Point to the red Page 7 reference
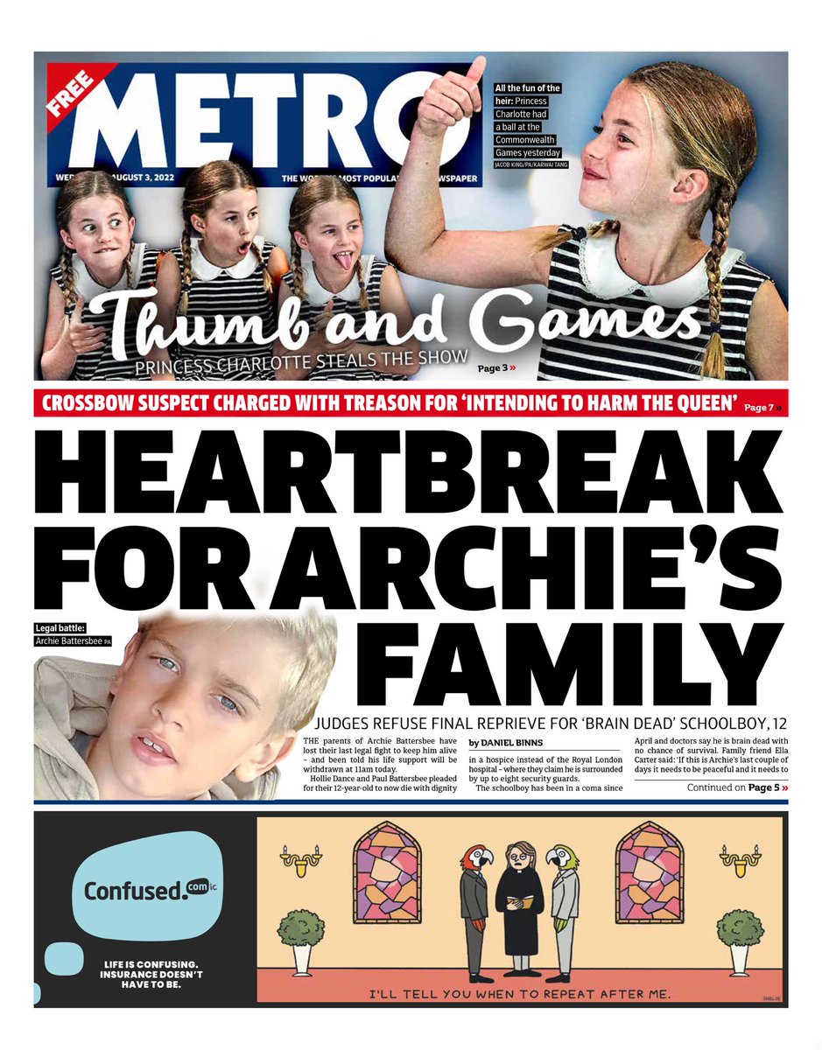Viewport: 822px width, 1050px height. click(762, 408)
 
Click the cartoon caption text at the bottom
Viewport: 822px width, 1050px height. click(520, 994)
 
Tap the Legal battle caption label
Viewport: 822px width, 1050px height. click(64, 627)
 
